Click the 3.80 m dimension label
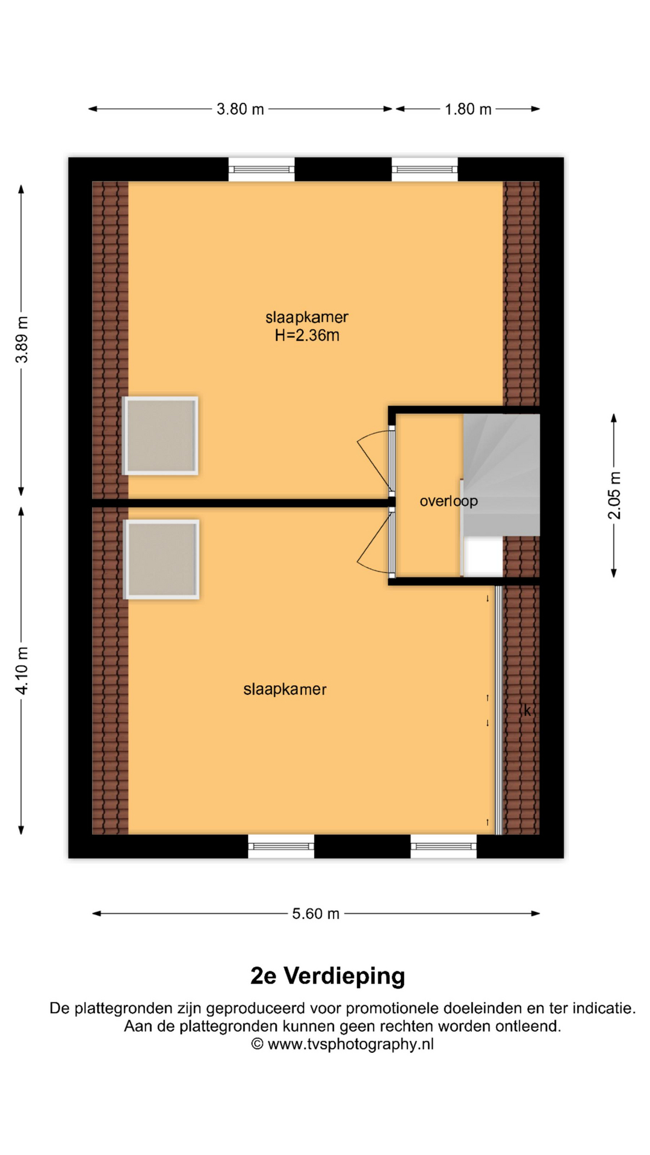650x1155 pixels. [x=240, y=109]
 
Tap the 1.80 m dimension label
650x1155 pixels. [x=468, y=109]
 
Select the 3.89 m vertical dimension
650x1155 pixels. [x=22, y=339]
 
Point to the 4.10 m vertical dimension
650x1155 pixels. [x=22, y=671]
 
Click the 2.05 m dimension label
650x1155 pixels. [x=614, y=496]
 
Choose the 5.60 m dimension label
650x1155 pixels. [x=316, y=914]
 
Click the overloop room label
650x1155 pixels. [x=448, y=501]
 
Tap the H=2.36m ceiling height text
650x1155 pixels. [x=307, y=336]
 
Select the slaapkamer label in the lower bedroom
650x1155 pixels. [x=285, y=689]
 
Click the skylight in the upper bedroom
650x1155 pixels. [x=161, y=436]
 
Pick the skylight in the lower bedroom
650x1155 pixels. [x=161, y=559]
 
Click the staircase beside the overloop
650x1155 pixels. [x=501, y=475]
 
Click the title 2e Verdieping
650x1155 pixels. [x=327, y=975]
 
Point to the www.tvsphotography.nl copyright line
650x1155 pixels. [x=342, y=1044]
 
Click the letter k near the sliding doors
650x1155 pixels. [x=527, y=710]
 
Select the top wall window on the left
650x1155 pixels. [x=262, y=169]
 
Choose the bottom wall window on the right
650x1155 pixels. [x=444, y=846]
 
